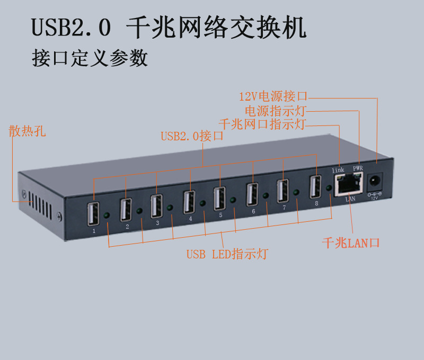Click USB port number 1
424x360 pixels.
point(93,214)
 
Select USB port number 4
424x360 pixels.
point(189,202)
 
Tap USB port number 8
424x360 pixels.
point(315,186)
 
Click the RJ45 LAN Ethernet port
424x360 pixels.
point(349,184)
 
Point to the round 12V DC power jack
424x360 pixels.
point(375,181)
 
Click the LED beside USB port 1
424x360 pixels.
point(107,215)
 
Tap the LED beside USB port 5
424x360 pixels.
point(233,200)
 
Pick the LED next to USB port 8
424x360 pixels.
point(329,188)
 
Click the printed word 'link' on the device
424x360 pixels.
point(338,170)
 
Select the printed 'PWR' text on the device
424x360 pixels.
point(358,168)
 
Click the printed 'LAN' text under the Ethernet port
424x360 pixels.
point(350,199)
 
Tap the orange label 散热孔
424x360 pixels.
point(27,131)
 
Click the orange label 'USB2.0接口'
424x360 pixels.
point(192,136)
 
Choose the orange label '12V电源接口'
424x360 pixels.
point(273,96)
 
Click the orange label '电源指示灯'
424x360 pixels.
point(276,111)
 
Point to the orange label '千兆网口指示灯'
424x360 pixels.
point(262,124)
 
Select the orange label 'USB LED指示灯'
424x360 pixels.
point(227,254)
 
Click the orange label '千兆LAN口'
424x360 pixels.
point(351,243)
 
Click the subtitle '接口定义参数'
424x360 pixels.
point(90,58)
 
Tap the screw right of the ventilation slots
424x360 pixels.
point(59,216)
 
